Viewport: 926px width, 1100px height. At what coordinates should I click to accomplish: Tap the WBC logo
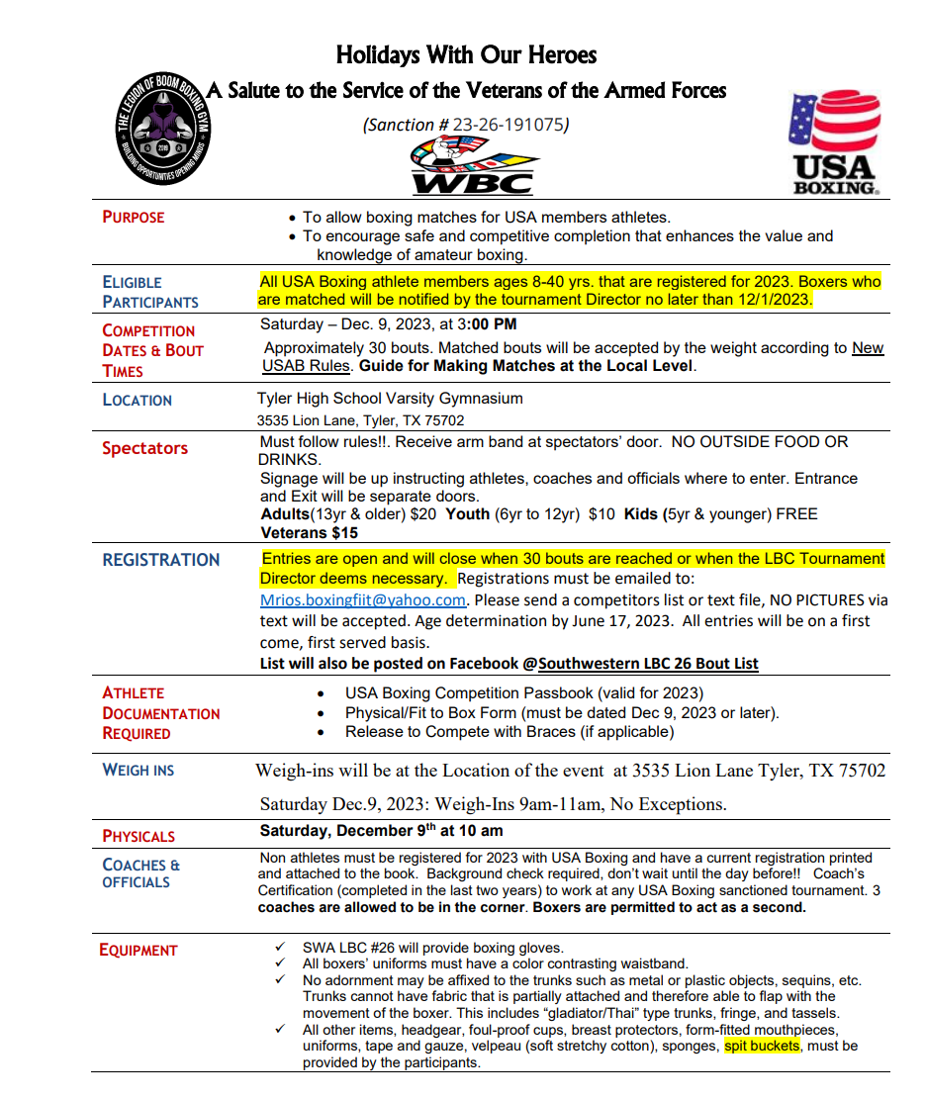point(473,165)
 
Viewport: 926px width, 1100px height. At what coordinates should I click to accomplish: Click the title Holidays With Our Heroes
point(466,53)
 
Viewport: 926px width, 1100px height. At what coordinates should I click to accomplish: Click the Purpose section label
point(134,217)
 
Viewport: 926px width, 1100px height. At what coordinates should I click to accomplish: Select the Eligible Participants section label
point(149,292)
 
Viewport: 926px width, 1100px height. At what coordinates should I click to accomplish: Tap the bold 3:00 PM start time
point(487,324)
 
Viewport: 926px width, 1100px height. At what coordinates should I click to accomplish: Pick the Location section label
point(138,400)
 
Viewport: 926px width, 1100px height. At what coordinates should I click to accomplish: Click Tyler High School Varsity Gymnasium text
point(390,399)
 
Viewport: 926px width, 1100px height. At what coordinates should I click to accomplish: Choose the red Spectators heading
point(144,448)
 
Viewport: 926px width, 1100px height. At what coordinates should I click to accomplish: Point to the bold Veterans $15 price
point(310,533)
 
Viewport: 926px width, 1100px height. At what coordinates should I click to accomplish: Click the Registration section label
point(161,560)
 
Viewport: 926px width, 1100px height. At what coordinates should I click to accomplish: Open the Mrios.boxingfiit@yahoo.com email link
point(363,600)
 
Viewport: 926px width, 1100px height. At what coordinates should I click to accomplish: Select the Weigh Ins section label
point(138,770)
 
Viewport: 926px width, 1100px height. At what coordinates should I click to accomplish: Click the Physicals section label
point(139,836)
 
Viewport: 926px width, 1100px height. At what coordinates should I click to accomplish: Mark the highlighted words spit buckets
point(762,1046)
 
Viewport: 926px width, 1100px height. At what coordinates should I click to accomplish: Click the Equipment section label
point(139,950)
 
